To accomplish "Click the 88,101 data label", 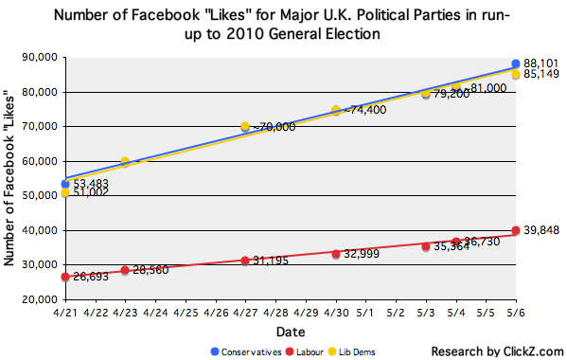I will tap(540, 64).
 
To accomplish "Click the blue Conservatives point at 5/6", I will tap(516, 64).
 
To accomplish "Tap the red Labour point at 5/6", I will tap(516, 230).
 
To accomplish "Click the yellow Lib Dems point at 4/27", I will tap(245, 126).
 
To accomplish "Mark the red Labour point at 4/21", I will tap(64, 277).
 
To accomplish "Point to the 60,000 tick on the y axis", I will tap(40, 161).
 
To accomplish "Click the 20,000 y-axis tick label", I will tap(40, 299).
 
